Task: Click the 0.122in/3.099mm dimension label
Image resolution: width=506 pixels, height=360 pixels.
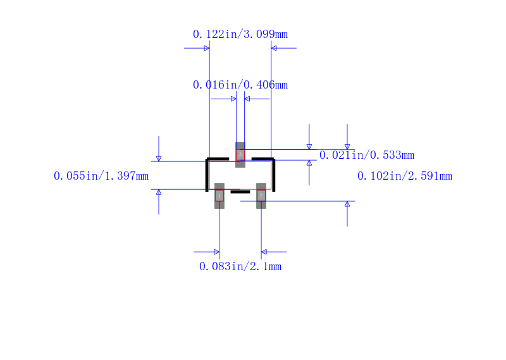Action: [x=240, y=34]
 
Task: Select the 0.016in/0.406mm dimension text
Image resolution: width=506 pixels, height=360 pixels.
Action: [x=240, y=85]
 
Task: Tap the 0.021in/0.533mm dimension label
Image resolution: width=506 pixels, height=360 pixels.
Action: [x=367, y=155]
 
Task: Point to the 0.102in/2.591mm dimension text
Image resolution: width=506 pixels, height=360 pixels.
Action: [x=405, y=176]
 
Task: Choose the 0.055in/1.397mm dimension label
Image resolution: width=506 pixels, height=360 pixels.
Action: [x=101, y=176]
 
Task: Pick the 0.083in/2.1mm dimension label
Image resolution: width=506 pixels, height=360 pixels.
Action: [x=240, y=267]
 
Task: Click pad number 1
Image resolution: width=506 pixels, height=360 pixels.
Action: [x=219, y=196]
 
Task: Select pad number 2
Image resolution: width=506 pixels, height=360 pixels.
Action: [x=261, y=196]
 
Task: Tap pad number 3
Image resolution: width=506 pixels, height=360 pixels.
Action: [x=240, y=154]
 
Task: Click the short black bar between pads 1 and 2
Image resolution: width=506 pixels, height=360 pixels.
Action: [x=240, y=192]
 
